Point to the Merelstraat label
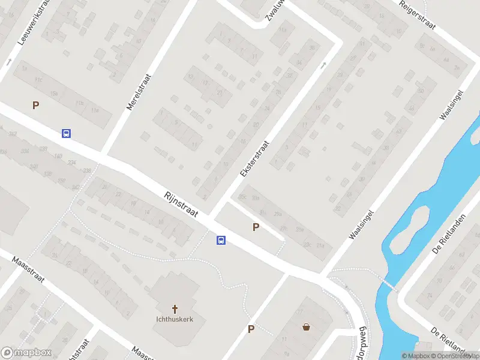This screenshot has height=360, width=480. coord(139,92)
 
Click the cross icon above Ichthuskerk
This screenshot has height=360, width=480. coord(175,309)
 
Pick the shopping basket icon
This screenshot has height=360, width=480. coord(307,327)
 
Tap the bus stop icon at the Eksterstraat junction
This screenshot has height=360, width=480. coord(221,240)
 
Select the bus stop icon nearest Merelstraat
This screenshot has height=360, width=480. coord(66,133)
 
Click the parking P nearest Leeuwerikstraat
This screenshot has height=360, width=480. coord(35,106)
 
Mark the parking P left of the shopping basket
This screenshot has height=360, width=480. coord(251,329)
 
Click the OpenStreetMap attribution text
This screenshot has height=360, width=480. coord(456,356)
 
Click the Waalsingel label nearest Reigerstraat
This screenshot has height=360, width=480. coord(452,106)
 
